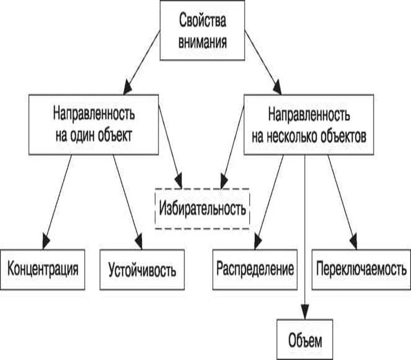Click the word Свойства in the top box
[202, 23]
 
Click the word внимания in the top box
[202, 41]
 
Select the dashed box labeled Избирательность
[202, 209]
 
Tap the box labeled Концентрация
[43, 269]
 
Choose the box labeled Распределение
[255, 269]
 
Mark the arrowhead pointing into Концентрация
[47, 240]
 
